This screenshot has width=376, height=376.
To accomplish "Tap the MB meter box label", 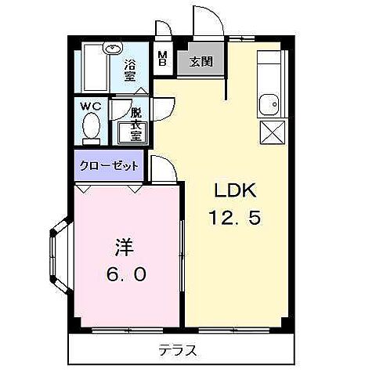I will point(162,59).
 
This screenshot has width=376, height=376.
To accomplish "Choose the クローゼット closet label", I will point(107,165).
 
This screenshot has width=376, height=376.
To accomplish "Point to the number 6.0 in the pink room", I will point(125,275).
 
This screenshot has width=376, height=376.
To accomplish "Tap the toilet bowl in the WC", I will point(91,128).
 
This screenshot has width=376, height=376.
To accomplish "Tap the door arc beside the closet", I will point(162,167).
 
